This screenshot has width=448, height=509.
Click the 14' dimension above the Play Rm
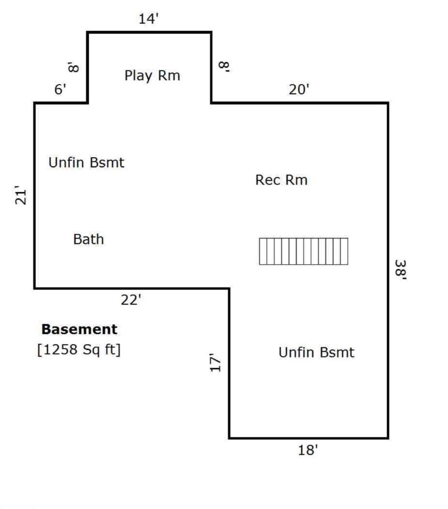pyautogui.click(x=149, y=19)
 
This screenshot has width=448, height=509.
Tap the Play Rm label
pyautogui.click(x=152, y=75)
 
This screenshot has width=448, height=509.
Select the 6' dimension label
pyautogui.click(x=60, y=89)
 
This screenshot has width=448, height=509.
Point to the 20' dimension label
pyautogui.click(x=299, y=90)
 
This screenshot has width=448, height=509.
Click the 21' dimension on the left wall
pyautogui.click(x=20, y=195)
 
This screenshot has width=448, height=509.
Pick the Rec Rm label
pyautogui.click(x=282, y=180)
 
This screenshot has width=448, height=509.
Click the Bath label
pyautogui.click(x=88, y=239)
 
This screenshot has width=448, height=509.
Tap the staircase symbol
pyautogui.click(x=304, y=251)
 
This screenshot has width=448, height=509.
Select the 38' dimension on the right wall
pyautogui.click(x=400, y=270)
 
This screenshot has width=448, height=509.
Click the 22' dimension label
pyautogui.click(x=131, y=300)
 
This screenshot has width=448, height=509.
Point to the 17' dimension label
pyautogui.click(x=215, y=362)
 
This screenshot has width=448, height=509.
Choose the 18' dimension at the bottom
pyautogui.click(x=308, y=450)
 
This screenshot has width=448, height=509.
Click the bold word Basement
pyautogui.click(x=79, y=329)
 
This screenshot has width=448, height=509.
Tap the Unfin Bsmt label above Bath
pyautogui.click(x=86, y=162)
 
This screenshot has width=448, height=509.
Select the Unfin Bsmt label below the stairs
pyautogui.click(x=317, y=352)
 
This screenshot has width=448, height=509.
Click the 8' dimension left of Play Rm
pyautogui.click(x=73, y=67)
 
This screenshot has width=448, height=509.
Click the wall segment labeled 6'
pyautogui.click(x=61, y=103)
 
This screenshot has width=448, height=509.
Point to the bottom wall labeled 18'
pyautogui.click(x=309, y=438)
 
